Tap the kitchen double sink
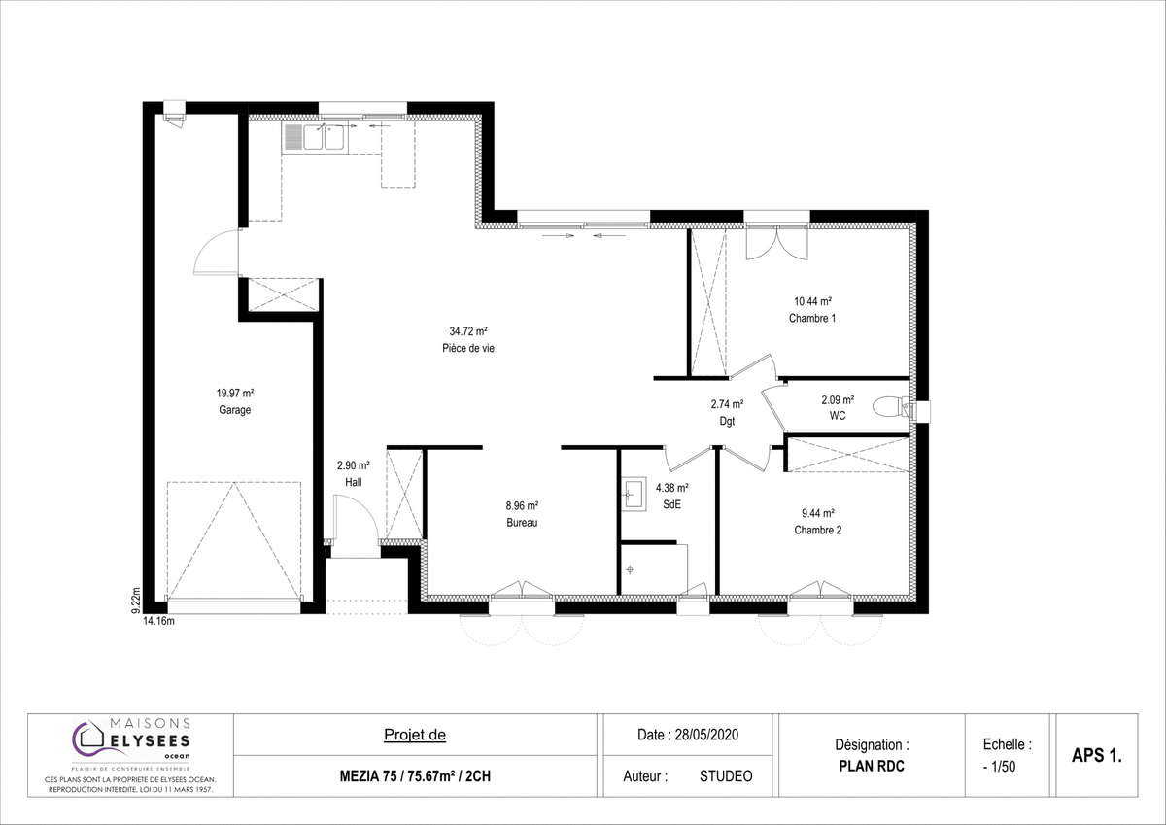pyautogui.click(x=315, y=138)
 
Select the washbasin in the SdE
pyautogui.click(x=634, y=494)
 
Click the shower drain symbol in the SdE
pyautogui.click(x=630, y=570)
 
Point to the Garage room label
pyautogui.click(x=235, y=410)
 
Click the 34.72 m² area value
pyautogui.click(x=468, y=331)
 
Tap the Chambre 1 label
pyautogui.click(x=812, y=318)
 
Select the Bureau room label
pyautogui.click(x=522, y=523)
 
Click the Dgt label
pyautogui.click(x=727, y=421)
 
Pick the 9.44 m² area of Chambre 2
pyautogui.click(x=818, y=513)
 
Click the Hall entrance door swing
pyautogui.click(x=356, y=519)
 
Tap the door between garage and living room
pyautogui.click(x=217, y=252)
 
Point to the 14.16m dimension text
pyautogui.click(x=158, y=621)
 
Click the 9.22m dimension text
pyautogui.click(x=136, y=601)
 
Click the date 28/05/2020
pyautogui.click(x=707, y=735)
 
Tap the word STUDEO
pyautogui.click(x=726, y=776)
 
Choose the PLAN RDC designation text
pyautogui.click(x=872, y=766)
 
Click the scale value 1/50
pyautogui.click(x=1004, y=767)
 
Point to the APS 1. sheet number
pyautogui.click(x=1097, y=755)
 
